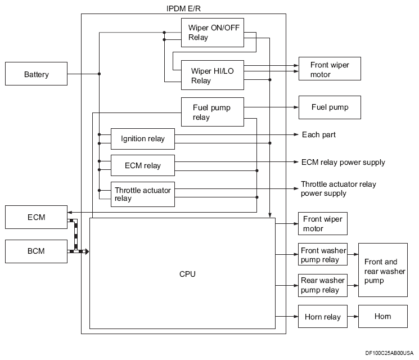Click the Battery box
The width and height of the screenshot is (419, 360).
click(x=36, y=74)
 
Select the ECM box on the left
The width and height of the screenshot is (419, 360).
click(x=36, y=217)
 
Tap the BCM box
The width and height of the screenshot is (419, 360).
click(x=36, y=251)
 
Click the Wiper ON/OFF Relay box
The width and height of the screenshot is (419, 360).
click(x=212, y=32)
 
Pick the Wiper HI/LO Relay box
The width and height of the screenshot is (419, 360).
click(x=212, y=75)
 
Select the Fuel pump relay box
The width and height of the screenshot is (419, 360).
click(x=212, y=112)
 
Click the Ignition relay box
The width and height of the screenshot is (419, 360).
click(x=142, y=138)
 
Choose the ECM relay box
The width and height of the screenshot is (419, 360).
click(x=142, y=165)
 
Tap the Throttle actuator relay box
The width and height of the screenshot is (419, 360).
click(x=142, y=194)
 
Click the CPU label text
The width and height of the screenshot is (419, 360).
click(x=187, y=274)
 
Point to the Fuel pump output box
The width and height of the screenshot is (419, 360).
click(x=330, y=107)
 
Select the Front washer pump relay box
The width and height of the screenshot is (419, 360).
click(x=323, y=255)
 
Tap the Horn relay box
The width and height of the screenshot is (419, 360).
click(x=323, y=317)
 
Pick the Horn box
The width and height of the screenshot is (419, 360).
click(x=382, y=317)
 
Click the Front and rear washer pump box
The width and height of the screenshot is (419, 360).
click(x=382, y=270)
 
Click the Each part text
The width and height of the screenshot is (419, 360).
click(x=319, y=135)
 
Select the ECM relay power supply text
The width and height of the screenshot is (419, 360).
click(x=343, y=162)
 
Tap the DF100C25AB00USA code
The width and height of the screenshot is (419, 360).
click(x=389, y=353)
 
